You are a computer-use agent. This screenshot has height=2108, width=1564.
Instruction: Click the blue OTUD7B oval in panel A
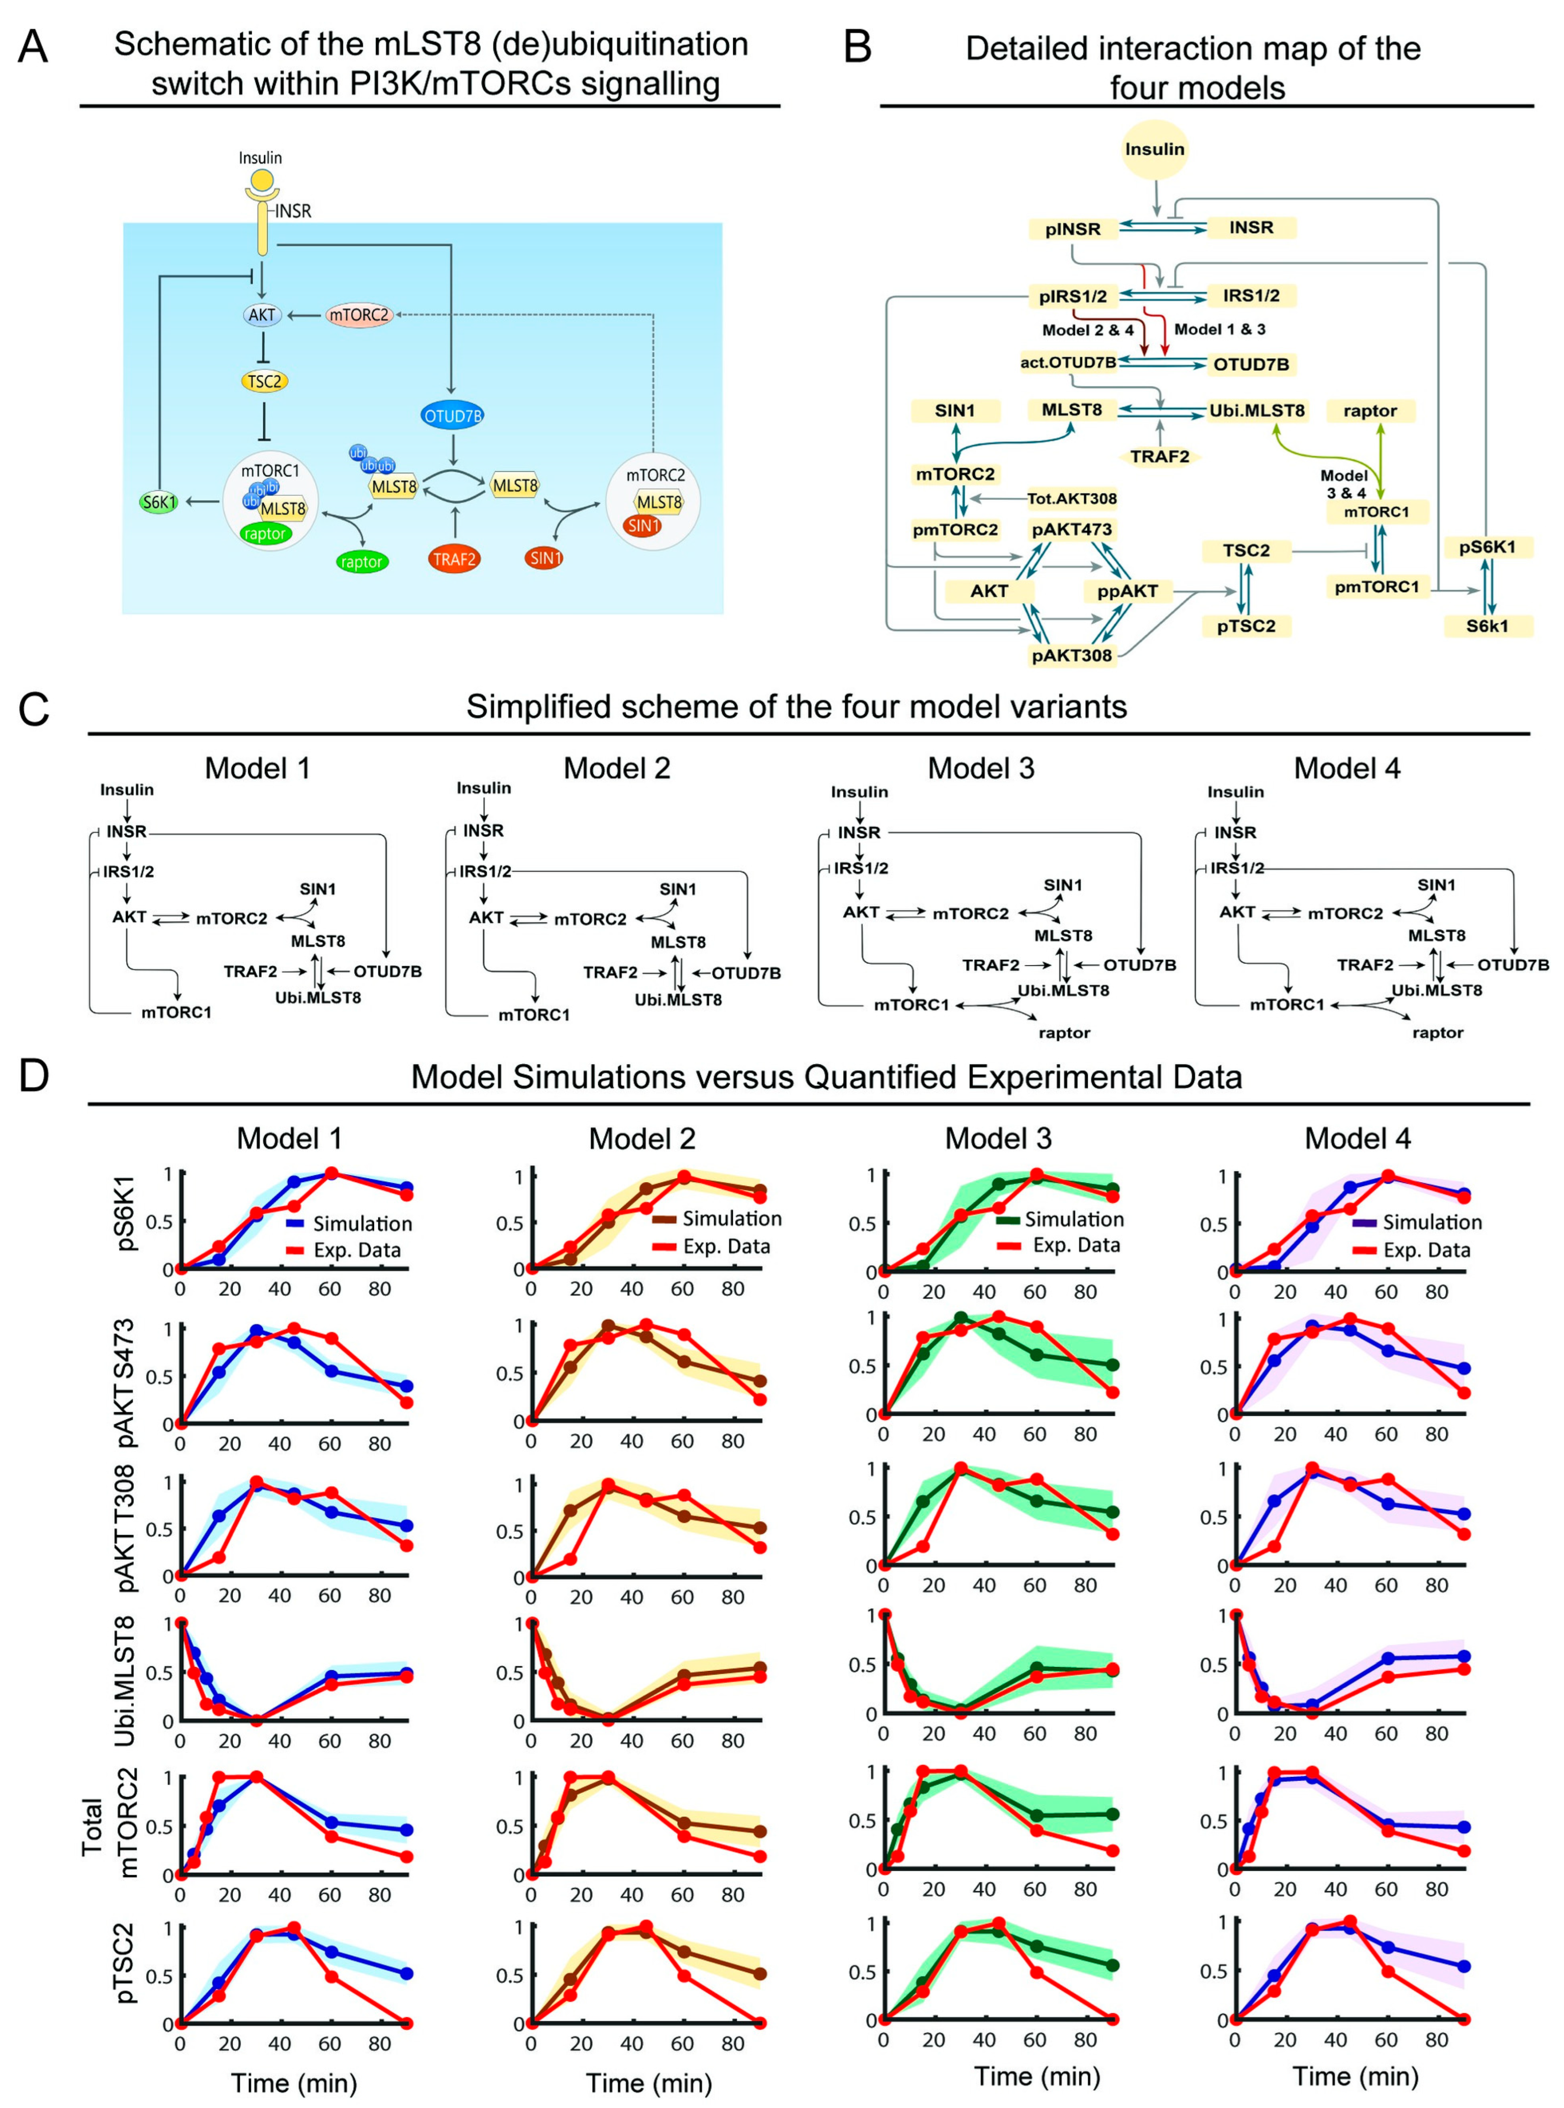[452, 416]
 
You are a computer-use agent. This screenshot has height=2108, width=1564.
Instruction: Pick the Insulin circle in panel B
[1154, 150]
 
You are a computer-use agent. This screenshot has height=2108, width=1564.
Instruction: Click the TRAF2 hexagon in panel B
[1160, 456]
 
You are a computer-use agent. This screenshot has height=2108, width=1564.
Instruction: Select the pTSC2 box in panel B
[1246, 626]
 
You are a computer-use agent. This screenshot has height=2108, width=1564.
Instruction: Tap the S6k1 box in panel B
[1487, 626]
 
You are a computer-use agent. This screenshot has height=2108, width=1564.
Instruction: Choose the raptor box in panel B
[1370, 411]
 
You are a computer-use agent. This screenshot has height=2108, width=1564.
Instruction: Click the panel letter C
[34, 709]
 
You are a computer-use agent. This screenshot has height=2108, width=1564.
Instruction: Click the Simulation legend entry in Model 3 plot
[1058, 1219]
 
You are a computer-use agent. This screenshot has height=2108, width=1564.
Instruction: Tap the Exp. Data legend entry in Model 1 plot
[343, 1250]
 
